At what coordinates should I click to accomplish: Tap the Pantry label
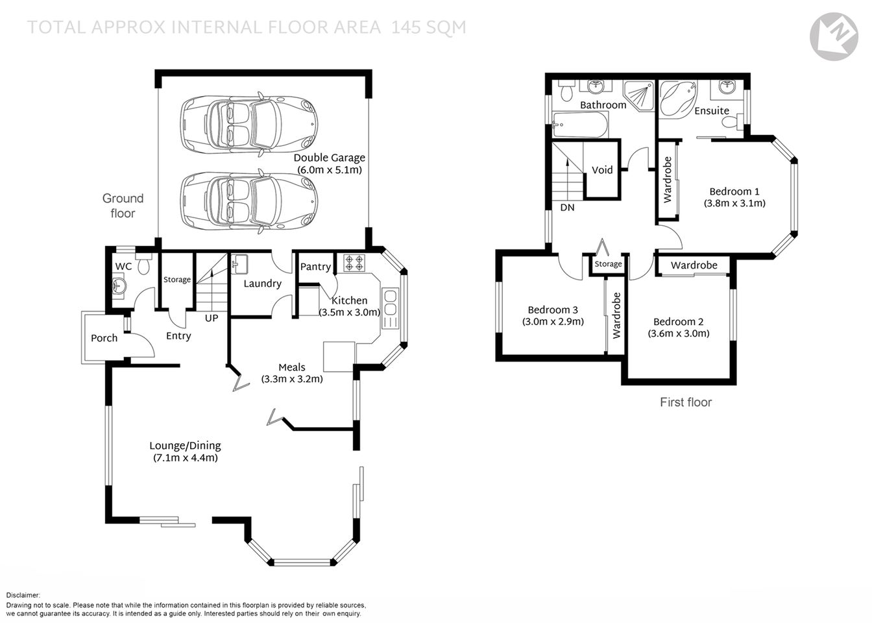[x=315, y=267]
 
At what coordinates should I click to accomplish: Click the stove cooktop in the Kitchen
[x=354, y=263]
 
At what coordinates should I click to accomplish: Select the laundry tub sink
[x=239, y=263]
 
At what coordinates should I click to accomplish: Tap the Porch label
[x=104, y=338]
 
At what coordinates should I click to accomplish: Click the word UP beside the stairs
[x=212, y=319]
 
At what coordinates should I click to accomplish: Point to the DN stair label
[x=567, y=208]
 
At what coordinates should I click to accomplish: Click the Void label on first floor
[x=602, y=170]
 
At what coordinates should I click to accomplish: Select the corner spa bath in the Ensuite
[x=677, y=99]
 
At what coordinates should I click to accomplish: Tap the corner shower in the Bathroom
[x=638, y=95]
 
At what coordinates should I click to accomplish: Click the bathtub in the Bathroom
[x=580, y=125]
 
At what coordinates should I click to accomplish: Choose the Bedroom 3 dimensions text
[x=553, y=321]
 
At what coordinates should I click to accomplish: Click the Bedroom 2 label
[x=678, y=322]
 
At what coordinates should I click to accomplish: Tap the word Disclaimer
[x=23, y=595]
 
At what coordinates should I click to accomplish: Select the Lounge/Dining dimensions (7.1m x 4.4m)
[x=185, y=458]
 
